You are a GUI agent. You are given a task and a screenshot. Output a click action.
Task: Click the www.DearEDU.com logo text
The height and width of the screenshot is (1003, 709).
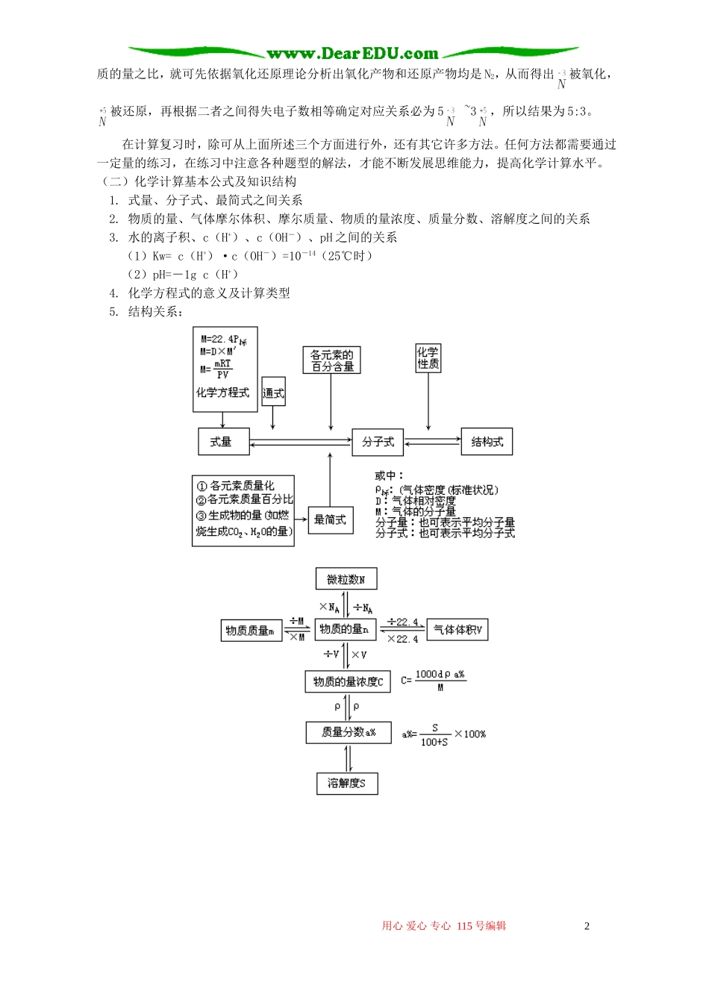(352, 54)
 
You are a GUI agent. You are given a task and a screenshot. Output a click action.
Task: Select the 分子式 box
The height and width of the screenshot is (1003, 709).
(378, 442)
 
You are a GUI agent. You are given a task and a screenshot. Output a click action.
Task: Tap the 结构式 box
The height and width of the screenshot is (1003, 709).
(487, 442)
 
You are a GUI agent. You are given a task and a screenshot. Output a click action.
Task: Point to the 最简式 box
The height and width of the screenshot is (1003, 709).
(330, 520)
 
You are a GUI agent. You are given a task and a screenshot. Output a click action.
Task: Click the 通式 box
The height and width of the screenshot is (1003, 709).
(273, 393)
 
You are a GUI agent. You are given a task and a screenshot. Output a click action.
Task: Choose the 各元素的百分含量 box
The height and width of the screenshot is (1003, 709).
(332, 360)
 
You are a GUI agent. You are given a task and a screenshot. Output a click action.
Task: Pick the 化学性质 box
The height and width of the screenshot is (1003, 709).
(428, 357)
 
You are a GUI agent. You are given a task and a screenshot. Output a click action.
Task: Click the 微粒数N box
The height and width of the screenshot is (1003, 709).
(346, 579)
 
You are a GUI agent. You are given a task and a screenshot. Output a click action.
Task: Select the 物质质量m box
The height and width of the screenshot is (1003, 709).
(251, 631)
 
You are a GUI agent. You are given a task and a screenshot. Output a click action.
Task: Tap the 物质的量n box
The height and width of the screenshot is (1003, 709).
(344, 629)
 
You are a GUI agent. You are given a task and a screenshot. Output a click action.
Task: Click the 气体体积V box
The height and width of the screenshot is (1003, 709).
(458, 630)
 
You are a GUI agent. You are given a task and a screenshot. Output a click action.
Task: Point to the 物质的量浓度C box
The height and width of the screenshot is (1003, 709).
(348, 681)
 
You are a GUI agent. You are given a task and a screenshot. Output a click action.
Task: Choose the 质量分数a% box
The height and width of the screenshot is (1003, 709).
(349, 732)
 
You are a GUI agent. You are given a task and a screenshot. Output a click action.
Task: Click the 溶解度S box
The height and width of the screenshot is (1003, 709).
(346, 783)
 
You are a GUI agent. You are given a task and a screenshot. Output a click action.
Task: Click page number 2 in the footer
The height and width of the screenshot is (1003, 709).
(587, 926)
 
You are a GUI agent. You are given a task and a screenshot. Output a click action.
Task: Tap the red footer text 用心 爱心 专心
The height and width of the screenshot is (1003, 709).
(416, 926)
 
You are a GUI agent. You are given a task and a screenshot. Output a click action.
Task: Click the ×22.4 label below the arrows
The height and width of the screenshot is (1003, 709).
(402, 640)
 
